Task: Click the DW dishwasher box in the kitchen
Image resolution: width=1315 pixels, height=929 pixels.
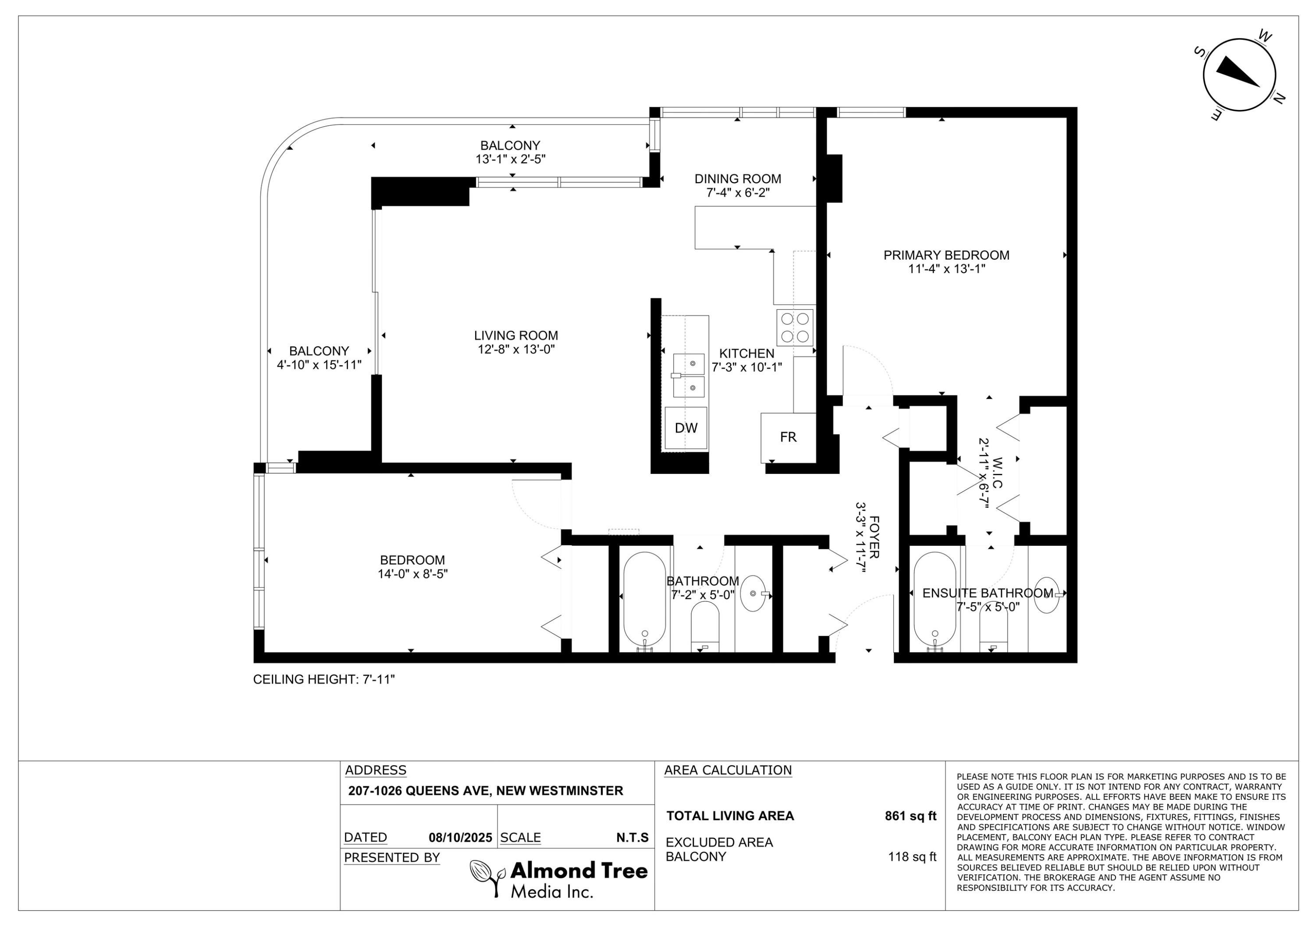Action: click(686, 427)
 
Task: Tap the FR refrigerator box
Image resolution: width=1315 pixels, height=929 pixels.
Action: click(788, 437)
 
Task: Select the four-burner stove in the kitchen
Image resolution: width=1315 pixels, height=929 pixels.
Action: click(795, 328)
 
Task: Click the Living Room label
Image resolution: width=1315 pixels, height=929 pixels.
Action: click(515, 336)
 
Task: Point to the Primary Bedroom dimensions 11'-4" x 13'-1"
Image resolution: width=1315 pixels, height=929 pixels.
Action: click(946, 269)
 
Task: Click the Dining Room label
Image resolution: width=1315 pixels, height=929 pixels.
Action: click(738, 179)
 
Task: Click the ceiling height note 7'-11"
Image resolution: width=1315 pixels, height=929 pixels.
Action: click(324, 679)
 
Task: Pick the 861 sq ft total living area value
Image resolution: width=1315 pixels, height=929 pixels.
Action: click(910, 816)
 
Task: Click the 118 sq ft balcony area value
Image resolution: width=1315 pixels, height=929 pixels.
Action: click(912, 857)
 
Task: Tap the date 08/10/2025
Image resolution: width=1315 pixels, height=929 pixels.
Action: click(460, 838)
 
